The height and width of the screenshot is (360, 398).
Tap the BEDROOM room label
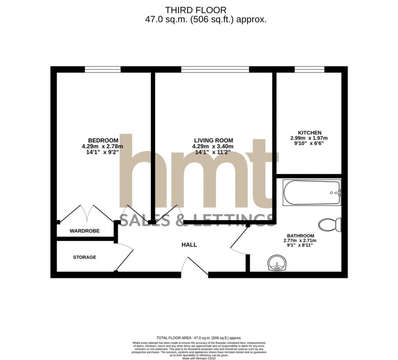click(103, 140)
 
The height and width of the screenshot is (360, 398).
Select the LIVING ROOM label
click(213, 140)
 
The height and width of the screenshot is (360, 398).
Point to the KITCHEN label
click(309, 133)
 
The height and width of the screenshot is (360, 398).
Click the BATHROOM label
click(300, 235)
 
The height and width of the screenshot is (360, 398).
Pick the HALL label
click(189, 245)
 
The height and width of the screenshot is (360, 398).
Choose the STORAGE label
click(85, 257)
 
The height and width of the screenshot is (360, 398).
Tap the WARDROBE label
click(82, 231)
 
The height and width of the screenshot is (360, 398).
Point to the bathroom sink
click(277, 264)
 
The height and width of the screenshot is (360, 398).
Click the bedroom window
click(103, 69)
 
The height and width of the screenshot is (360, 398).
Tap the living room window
click(215, 69)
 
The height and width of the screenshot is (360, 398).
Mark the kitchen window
click(309, 69)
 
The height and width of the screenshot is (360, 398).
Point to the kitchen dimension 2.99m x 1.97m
click(309, 138)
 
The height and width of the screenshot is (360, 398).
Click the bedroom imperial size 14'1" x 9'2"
click(103, 152)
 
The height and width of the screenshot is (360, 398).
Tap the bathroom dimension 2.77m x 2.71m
click(300, 240)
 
